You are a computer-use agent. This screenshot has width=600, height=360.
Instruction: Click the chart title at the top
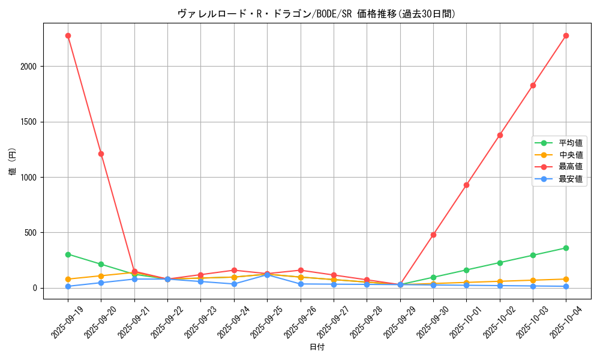coord(316,14)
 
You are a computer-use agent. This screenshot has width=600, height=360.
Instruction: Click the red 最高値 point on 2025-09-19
coord(68,35)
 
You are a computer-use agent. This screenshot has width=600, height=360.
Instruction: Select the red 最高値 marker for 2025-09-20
coord(101,154)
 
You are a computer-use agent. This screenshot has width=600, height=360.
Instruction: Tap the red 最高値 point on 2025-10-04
coord(566,35)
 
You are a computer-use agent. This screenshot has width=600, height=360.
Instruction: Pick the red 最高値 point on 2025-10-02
coord(500,135)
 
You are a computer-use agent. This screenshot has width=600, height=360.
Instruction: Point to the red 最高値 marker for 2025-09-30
coord(433,235)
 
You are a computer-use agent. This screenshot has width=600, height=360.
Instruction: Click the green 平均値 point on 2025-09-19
coord(68,254)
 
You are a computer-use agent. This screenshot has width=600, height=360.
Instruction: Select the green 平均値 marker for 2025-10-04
coord(566,248)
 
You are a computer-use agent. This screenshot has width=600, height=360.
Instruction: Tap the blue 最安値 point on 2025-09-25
coord(267,275)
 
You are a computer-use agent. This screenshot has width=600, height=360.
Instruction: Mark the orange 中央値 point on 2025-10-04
coord(566,279)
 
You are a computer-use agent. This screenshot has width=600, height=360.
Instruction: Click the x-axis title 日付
coord(317,347)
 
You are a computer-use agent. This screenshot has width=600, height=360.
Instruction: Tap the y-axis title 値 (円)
coord(13,162)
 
